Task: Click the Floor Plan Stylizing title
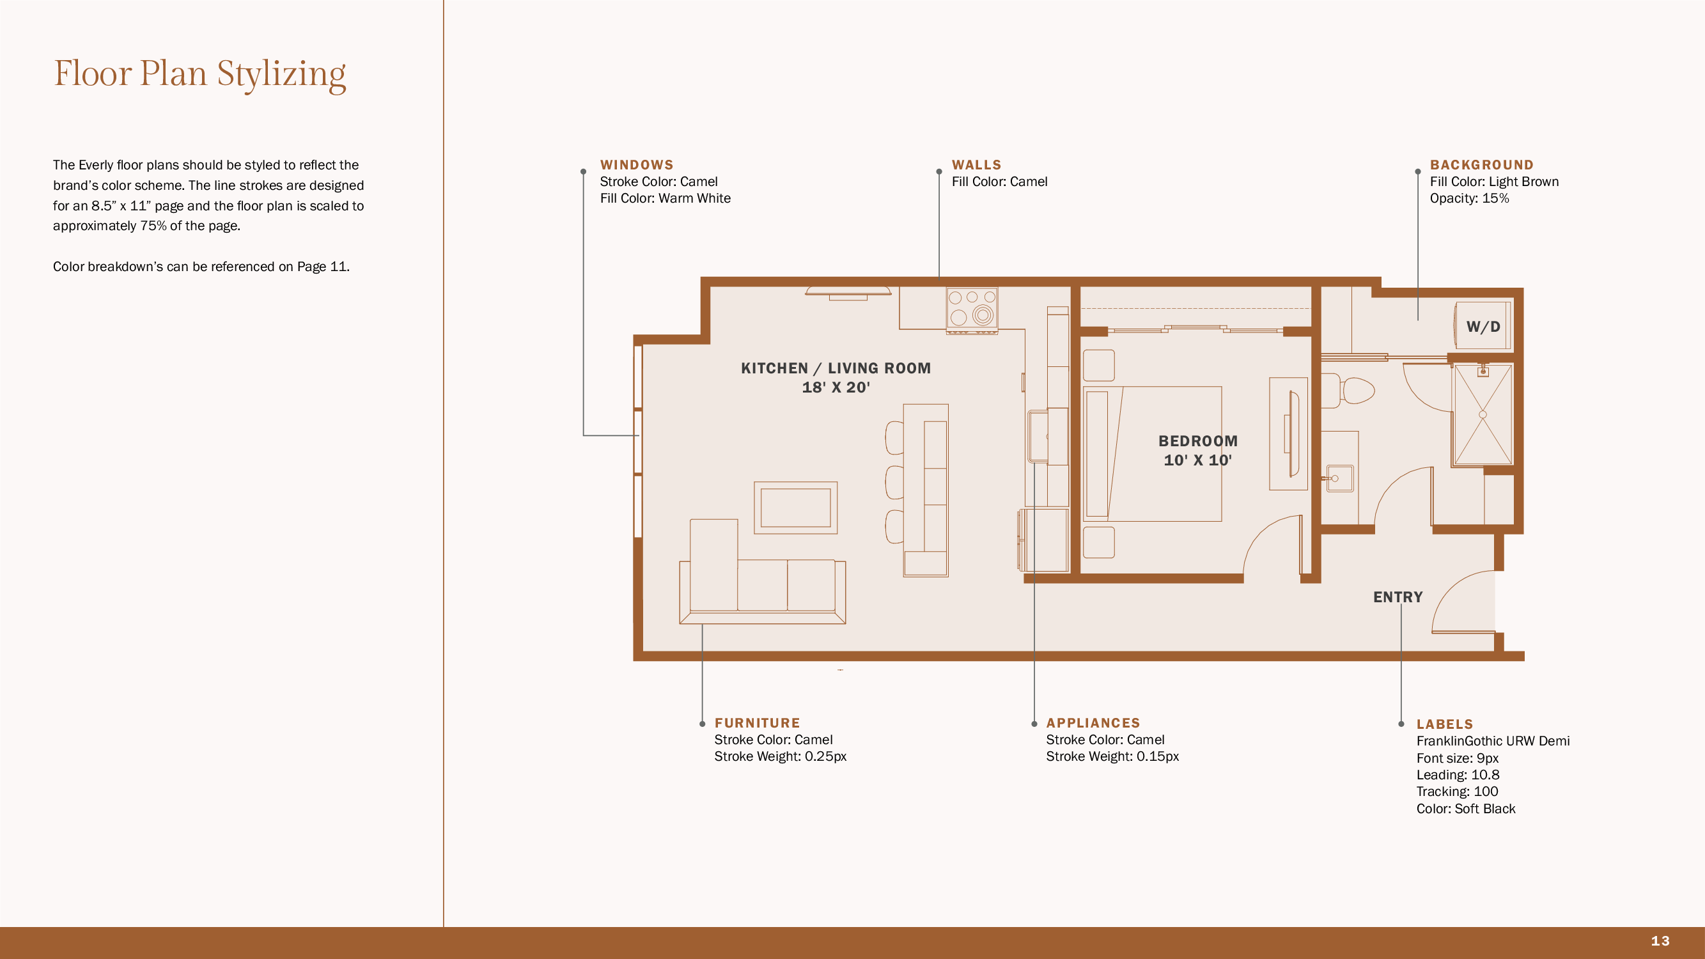point(199,74)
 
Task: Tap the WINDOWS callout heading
point(637,165)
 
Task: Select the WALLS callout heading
point(976,165)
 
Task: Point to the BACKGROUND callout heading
point(1481,165)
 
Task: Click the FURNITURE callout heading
point(757,722)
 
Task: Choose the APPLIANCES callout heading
point(1093,722)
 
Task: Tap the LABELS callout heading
point(1444,724)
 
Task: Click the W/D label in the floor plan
point(1483,326)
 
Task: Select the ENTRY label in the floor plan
point(1397,597)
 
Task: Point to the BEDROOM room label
point(1197,441)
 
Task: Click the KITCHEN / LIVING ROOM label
point(836,368)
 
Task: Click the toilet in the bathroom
point(1348,391)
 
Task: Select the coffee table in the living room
point(795,508)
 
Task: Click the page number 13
point(1660,940)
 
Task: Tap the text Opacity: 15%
point(1468,198)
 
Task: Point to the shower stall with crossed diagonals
point(1483,414)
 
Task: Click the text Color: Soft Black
point(1465,808)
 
